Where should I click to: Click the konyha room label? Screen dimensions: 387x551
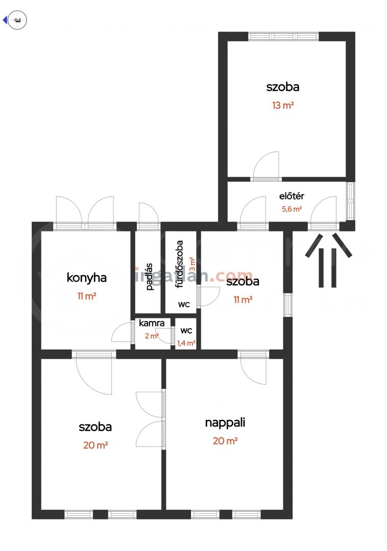(x=86, y=278)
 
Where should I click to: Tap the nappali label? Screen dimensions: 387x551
(x=225, y=423)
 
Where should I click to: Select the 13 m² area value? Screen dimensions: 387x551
(x=283, y=105)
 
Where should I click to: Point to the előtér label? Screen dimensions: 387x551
(x=292, y=196)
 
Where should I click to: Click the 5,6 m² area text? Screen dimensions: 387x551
(x=292, y=209)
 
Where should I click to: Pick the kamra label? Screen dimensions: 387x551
(x=152, y=323)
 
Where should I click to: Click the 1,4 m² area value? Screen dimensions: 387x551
(x=186, y=343)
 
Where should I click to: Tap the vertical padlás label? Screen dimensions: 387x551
(x=150, y=277)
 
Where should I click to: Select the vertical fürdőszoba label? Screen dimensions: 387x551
(x=179, y=264)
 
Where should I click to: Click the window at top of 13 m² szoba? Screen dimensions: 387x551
(x=284, y=37)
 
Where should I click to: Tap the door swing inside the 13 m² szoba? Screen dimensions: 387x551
(x=266, y=166)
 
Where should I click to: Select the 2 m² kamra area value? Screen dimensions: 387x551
(x=152, y=336)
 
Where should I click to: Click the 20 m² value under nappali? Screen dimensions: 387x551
(x=225, y=441)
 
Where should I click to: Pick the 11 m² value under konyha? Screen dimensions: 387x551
(x=86, y=296)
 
